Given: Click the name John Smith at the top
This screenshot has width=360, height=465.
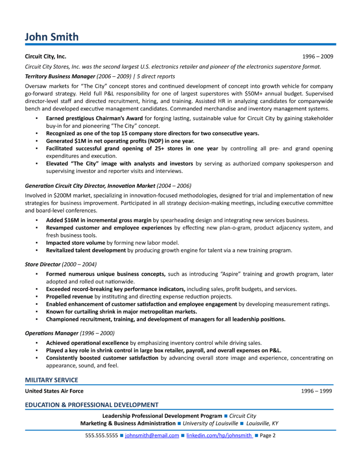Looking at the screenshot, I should point(51,37).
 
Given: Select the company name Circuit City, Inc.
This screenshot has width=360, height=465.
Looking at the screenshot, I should point(45,57).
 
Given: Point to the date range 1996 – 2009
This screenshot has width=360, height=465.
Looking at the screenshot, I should point(318,57).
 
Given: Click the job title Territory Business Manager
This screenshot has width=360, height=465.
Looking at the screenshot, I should point(60,76).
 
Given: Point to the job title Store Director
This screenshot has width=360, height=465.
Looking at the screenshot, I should point(43,264).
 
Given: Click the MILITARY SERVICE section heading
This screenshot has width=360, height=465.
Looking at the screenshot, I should point(51,380).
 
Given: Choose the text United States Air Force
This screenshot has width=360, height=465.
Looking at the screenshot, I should point(54,391).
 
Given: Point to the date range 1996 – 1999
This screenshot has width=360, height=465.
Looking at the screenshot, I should point(317,391).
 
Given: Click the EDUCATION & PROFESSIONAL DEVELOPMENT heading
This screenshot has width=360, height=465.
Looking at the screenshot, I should point(91,405).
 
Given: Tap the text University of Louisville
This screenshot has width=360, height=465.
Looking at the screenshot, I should point(210,423).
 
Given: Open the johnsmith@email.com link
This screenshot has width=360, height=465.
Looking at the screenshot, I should point(152,435).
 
